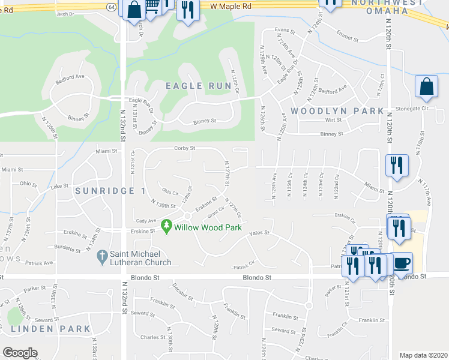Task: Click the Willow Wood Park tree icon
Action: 167,227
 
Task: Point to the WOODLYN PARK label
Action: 337,111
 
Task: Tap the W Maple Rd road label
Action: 231,5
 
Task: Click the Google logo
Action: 20,353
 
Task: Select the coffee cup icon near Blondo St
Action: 403,262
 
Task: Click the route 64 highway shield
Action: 112,6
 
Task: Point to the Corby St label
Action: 185,148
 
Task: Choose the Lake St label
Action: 60,187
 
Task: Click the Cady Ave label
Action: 146,221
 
